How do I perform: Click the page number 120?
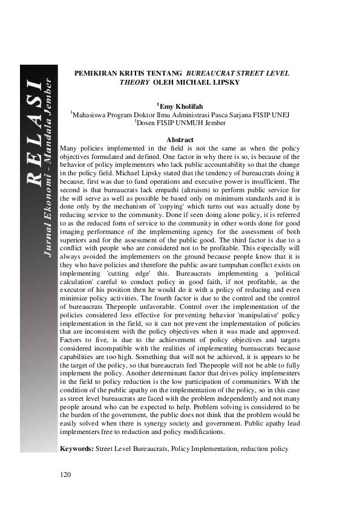pyautogui.click(x=66, y=474)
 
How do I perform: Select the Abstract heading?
pyautogui.click(x=180, y=140)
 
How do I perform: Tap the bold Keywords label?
pyautogui.click(x=77, y=450)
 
